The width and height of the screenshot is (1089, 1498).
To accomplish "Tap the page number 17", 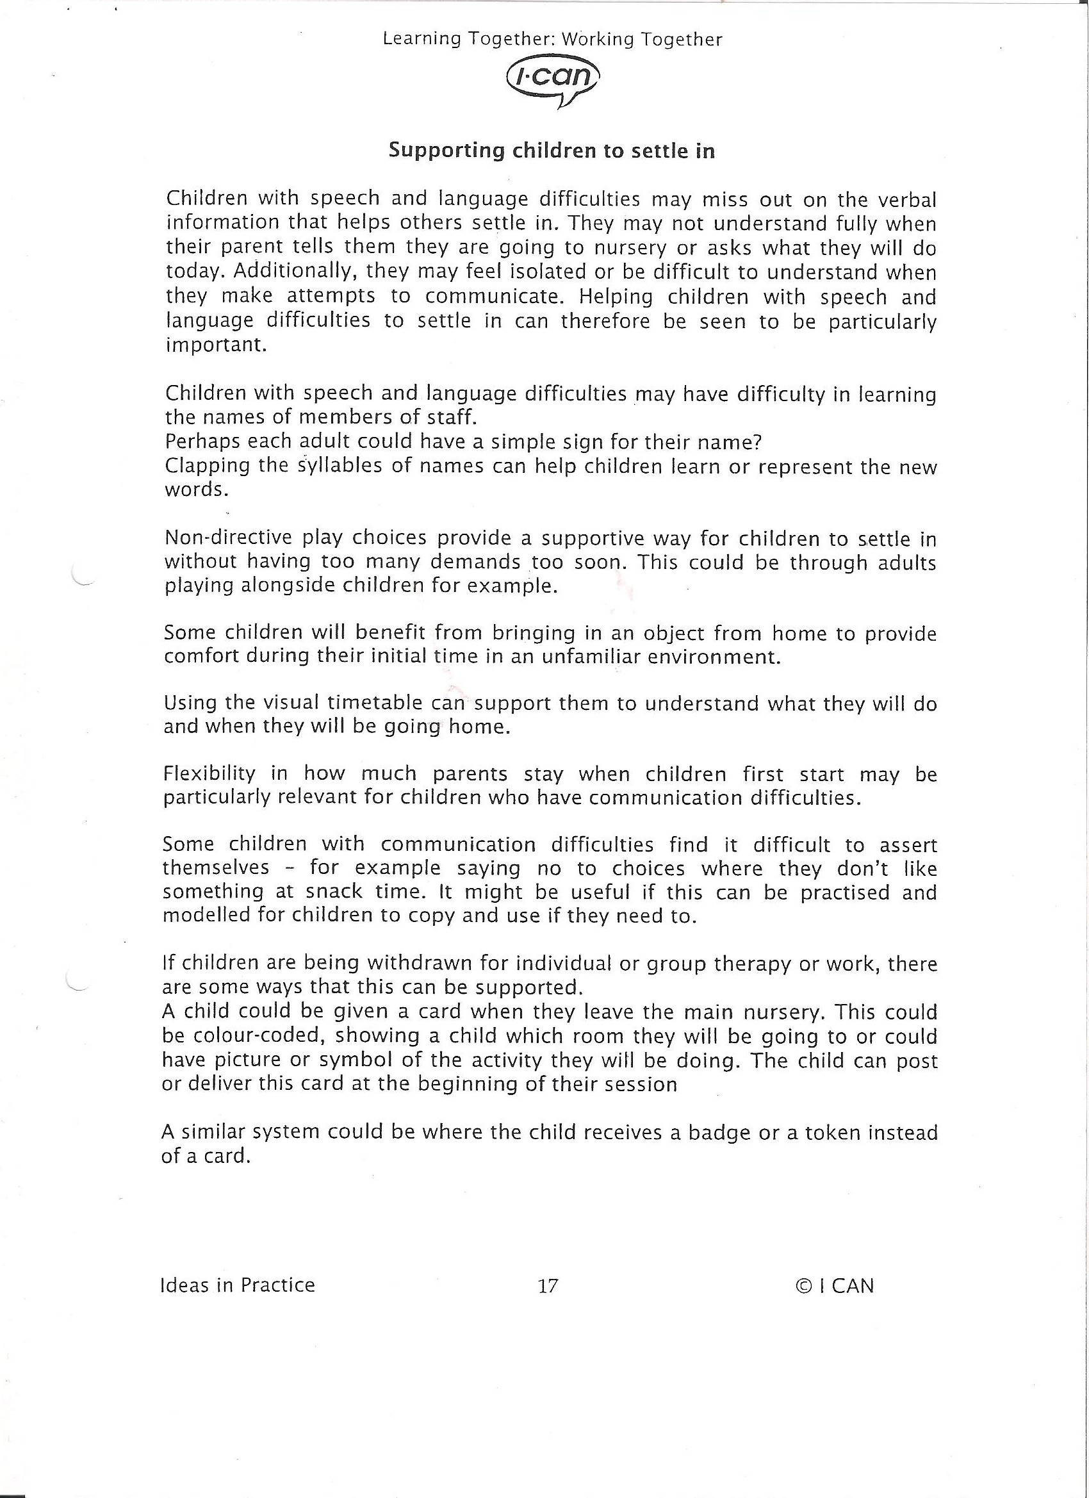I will click(x=548, y=1286).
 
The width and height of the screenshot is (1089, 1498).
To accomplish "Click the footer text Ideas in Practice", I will click(x=237, y=1285).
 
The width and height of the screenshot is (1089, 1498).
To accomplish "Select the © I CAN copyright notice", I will click(x=835, y=1286).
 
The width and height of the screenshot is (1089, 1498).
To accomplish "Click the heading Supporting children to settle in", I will click(x=552, y=151).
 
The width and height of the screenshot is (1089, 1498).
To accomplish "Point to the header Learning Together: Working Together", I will click(x=553, y=40).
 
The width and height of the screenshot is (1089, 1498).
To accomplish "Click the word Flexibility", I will click(x=209, y=773).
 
